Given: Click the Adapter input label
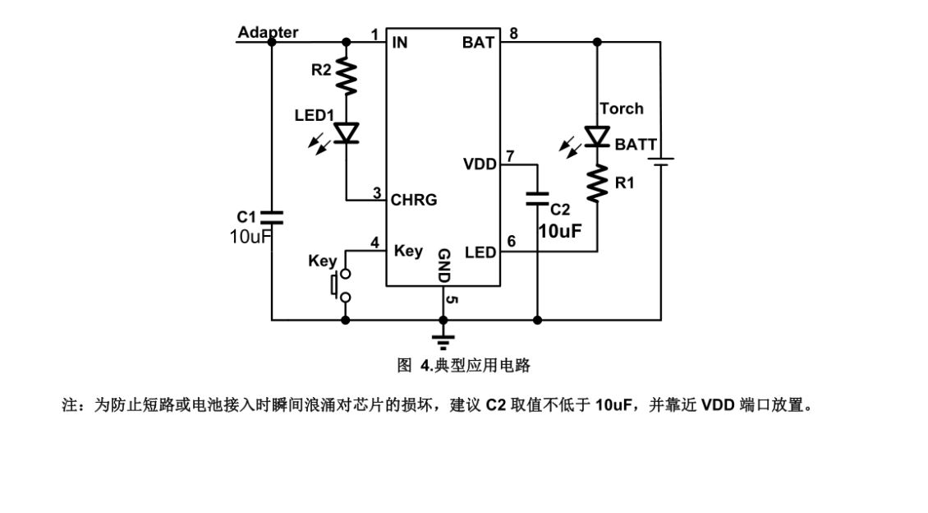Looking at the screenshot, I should pyautogui.click(x=268, y=33).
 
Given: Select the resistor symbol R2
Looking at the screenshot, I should pyautogui.click(x=347, y=76).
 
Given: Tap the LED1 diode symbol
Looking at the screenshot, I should pyautogui.click(x=347, y=132).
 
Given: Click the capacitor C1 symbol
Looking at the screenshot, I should pyautogui.click(x=272, y=217).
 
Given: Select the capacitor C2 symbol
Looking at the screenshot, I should pyautogui.click(x=537, y=197).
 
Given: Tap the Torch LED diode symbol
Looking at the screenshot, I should pyautogui.click(x=597, y=136).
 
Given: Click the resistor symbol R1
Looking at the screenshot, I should pyautogui.click(x=597, y=183).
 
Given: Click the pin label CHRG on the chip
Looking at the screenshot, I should pyautogui.click(x=414, y=200).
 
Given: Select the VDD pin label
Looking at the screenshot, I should pyautogui.click(x=480, y=164).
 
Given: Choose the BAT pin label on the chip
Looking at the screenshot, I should pyautogui.click(x=478, y=42).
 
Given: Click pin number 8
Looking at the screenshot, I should pyautogui.click(x=513, y=34).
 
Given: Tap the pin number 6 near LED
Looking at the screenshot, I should pyautogui.click(x=511, y=242).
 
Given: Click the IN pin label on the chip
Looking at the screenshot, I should pyautogui.click(x=400, y=42).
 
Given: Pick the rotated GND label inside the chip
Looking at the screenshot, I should pyautogui.click(x=443, y=266).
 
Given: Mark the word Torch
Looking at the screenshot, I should pyautogui.click(x=622, y=109).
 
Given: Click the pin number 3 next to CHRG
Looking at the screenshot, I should pyautogui.click(x=377, y=193).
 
